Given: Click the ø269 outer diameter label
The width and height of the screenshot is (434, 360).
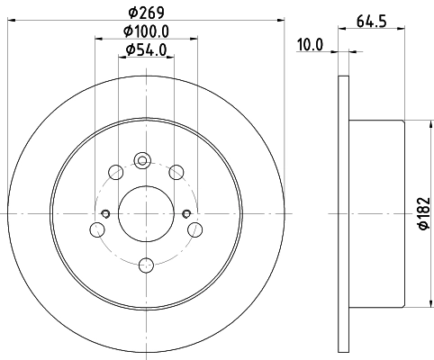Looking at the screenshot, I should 144,13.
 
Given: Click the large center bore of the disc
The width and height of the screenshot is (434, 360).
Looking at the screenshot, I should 145,212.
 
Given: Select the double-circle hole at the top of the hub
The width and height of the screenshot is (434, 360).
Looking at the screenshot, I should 141,161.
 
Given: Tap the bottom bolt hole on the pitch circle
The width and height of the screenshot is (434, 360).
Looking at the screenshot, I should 145,265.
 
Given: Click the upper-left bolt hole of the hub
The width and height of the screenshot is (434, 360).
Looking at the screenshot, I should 113,171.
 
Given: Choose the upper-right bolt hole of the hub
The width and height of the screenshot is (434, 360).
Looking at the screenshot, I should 176,171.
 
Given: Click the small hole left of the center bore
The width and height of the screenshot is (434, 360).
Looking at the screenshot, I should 105,213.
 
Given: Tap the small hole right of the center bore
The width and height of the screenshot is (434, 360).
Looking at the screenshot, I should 185,213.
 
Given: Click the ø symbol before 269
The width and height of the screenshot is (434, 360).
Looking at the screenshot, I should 131,13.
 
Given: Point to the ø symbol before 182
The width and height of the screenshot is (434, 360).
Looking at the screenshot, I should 421,229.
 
